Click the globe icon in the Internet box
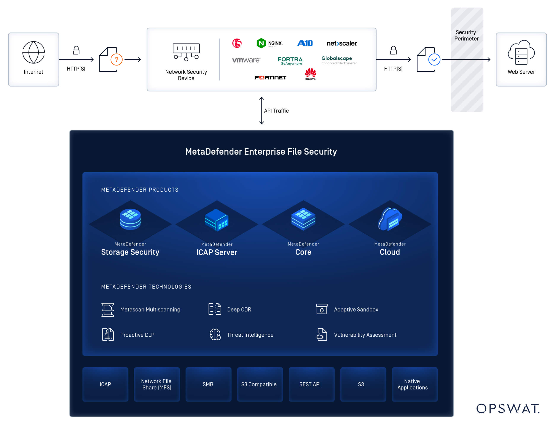pos(33,52)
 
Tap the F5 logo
pos(236,43)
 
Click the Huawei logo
pos(310,74)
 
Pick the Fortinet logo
pos(270,77)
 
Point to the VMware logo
pos(246,60)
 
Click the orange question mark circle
pos(116,59)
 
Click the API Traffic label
pos(276,111)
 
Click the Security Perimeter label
pos(466,35)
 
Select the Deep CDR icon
pos(215,309)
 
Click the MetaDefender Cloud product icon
pos(389,219)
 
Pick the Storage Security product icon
pos(130,219)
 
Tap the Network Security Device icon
pos(186,52)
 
